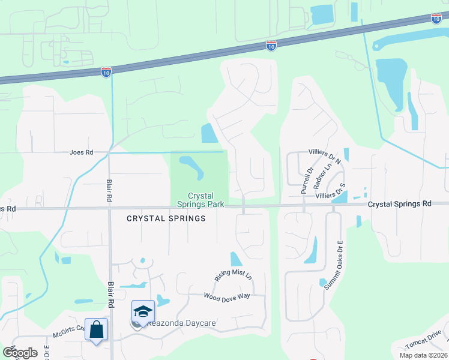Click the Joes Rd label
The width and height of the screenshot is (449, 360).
pos(81,152)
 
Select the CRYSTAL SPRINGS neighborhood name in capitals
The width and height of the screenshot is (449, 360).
pos(166,218)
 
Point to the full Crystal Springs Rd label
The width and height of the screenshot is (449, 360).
pos(399,204)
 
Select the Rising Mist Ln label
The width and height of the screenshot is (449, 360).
pos(233,275)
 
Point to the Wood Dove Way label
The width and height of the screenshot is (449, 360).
pos(226,296)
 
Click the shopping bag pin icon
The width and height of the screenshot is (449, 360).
pos(96,330)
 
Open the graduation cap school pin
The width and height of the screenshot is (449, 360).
pos(143,311)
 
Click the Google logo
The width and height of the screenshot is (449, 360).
pos(19,353)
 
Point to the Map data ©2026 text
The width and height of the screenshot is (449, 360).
pos(422,355)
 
